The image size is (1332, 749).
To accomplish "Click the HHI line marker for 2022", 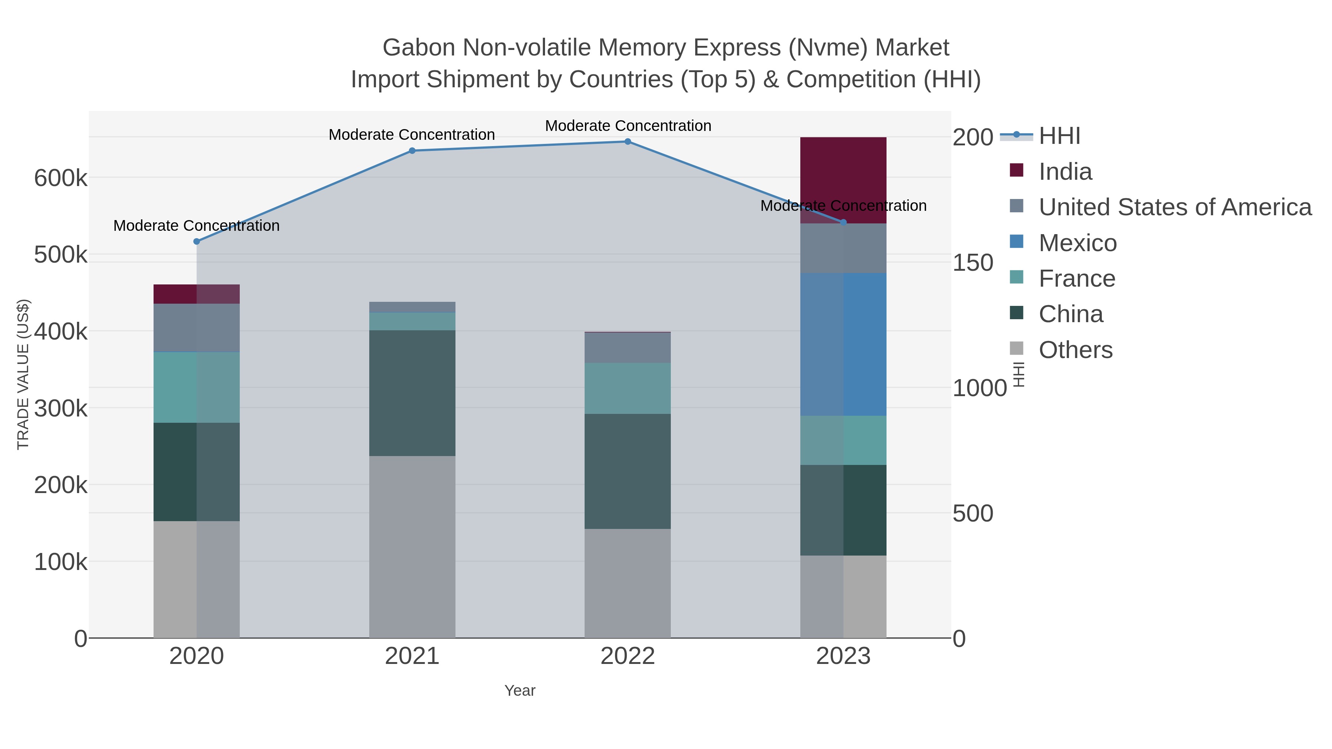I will pyautogui.click(x=628, y=141).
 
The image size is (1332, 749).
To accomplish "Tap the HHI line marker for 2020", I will pyautogui.click(x=196, y=242).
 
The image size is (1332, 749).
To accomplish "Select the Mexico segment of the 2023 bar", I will pyautogui.click(x=843, y=344).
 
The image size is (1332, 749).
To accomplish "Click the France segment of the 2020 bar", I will pyautogui.click(x=196, y=387).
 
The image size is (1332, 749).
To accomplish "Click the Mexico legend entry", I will pyautogui.click(x=1077, y=243).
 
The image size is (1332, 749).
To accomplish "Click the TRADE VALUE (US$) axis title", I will pyautogui.click(x=23, y=374).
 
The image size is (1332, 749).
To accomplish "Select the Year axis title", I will pyautogui.click(x=520, y=691).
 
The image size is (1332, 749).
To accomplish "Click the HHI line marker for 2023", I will pyautogui.click(x=843, y=222).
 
